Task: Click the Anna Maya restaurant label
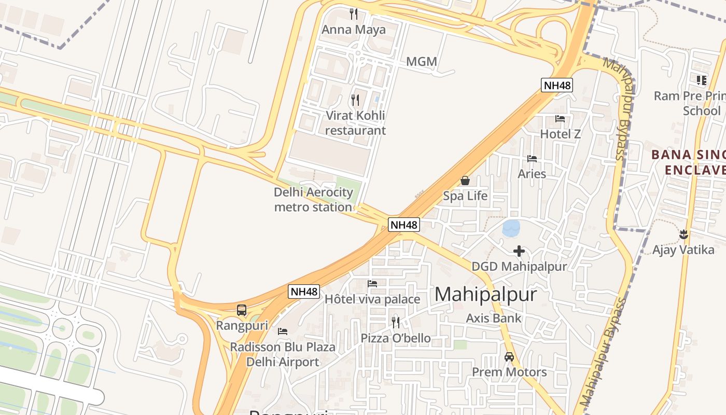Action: pos(354,30)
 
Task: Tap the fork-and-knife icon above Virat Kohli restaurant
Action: pos(355,100)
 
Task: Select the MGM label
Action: pos(421,62)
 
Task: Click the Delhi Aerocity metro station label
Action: pos(313,200)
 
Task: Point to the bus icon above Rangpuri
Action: pos(242,310)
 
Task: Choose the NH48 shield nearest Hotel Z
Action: pos(556,85)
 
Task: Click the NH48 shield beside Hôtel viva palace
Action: pos(303,292)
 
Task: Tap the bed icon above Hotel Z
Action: pos(560,119)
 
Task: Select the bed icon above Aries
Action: pos(532,158)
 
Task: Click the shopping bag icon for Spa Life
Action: pos(465,181)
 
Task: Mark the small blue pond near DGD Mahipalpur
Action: pos(511,228)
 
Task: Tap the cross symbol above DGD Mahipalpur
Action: pos(519,252)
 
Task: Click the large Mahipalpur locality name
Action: pos(485,294)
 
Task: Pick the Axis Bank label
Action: pos(494,318)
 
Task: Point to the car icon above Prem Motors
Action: pos(509,357)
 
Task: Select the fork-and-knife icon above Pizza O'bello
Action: pos(396,323)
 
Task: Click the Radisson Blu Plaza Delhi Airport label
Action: pos(283,354)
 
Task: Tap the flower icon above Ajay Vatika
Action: pos(683,234)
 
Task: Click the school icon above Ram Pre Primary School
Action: pos(701,80)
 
